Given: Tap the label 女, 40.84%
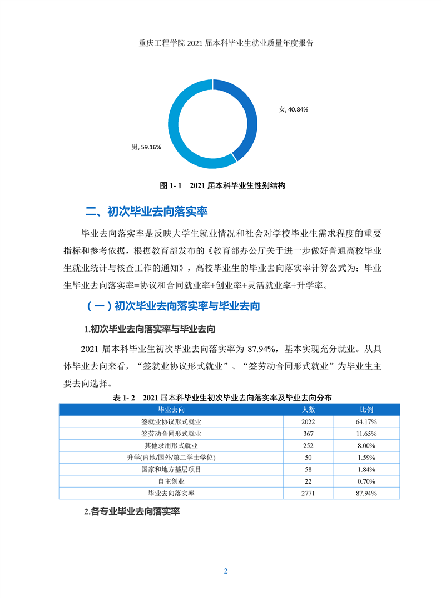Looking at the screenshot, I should coord(293,109).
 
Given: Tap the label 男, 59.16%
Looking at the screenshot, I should coord(146,147).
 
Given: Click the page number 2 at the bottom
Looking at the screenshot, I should coord(226,571).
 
